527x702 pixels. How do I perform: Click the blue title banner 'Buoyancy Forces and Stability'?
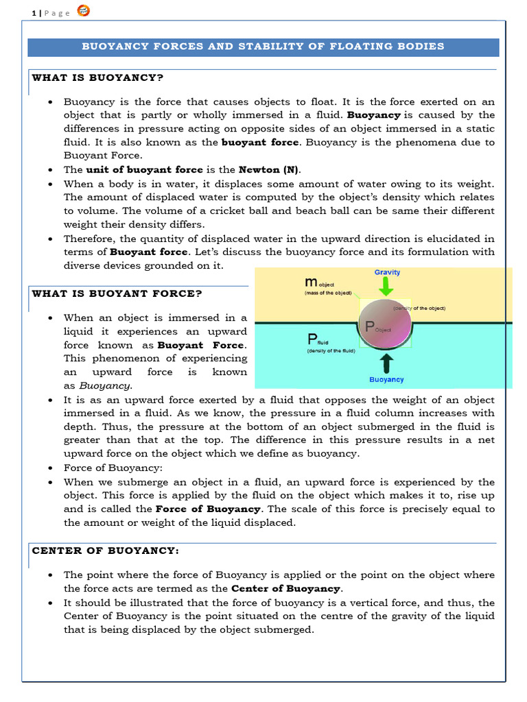(263, 47)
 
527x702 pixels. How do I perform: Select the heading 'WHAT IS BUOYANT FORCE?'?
(117, 293)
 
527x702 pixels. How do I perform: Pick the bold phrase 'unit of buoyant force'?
(144, 169)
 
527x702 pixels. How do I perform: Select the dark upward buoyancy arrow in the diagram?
(387, 363)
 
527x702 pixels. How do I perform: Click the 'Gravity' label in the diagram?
(387, 272)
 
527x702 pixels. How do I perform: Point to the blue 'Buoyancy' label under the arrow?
(387, 379)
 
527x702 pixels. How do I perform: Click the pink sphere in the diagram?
(386, 326)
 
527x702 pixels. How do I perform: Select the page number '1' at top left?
(34, 14)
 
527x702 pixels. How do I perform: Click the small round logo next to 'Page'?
(82, 11)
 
